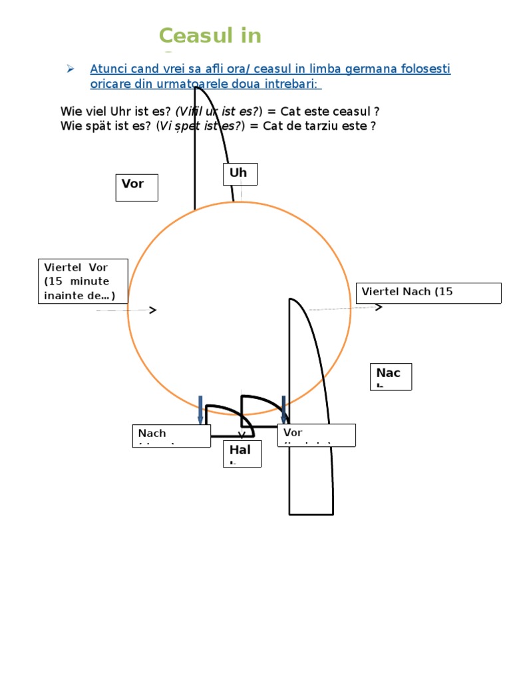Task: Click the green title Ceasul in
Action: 210,35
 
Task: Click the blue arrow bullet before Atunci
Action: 69,69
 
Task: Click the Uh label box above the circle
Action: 240,174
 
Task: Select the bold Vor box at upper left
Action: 137,188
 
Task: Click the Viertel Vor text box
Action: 83,281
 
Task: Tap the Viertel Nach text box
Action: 429,293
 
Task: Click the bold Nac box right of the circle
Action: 393,376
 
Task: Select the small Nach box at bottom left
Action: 171,436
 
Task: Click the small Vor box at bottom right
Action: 317,435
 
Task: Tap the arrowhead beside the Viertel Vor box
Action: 153,310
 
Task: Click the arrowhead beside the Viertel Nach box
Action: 379,307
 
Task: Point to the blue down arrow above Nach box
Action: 200,409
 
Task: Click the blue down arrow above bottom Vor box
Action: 284,409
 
